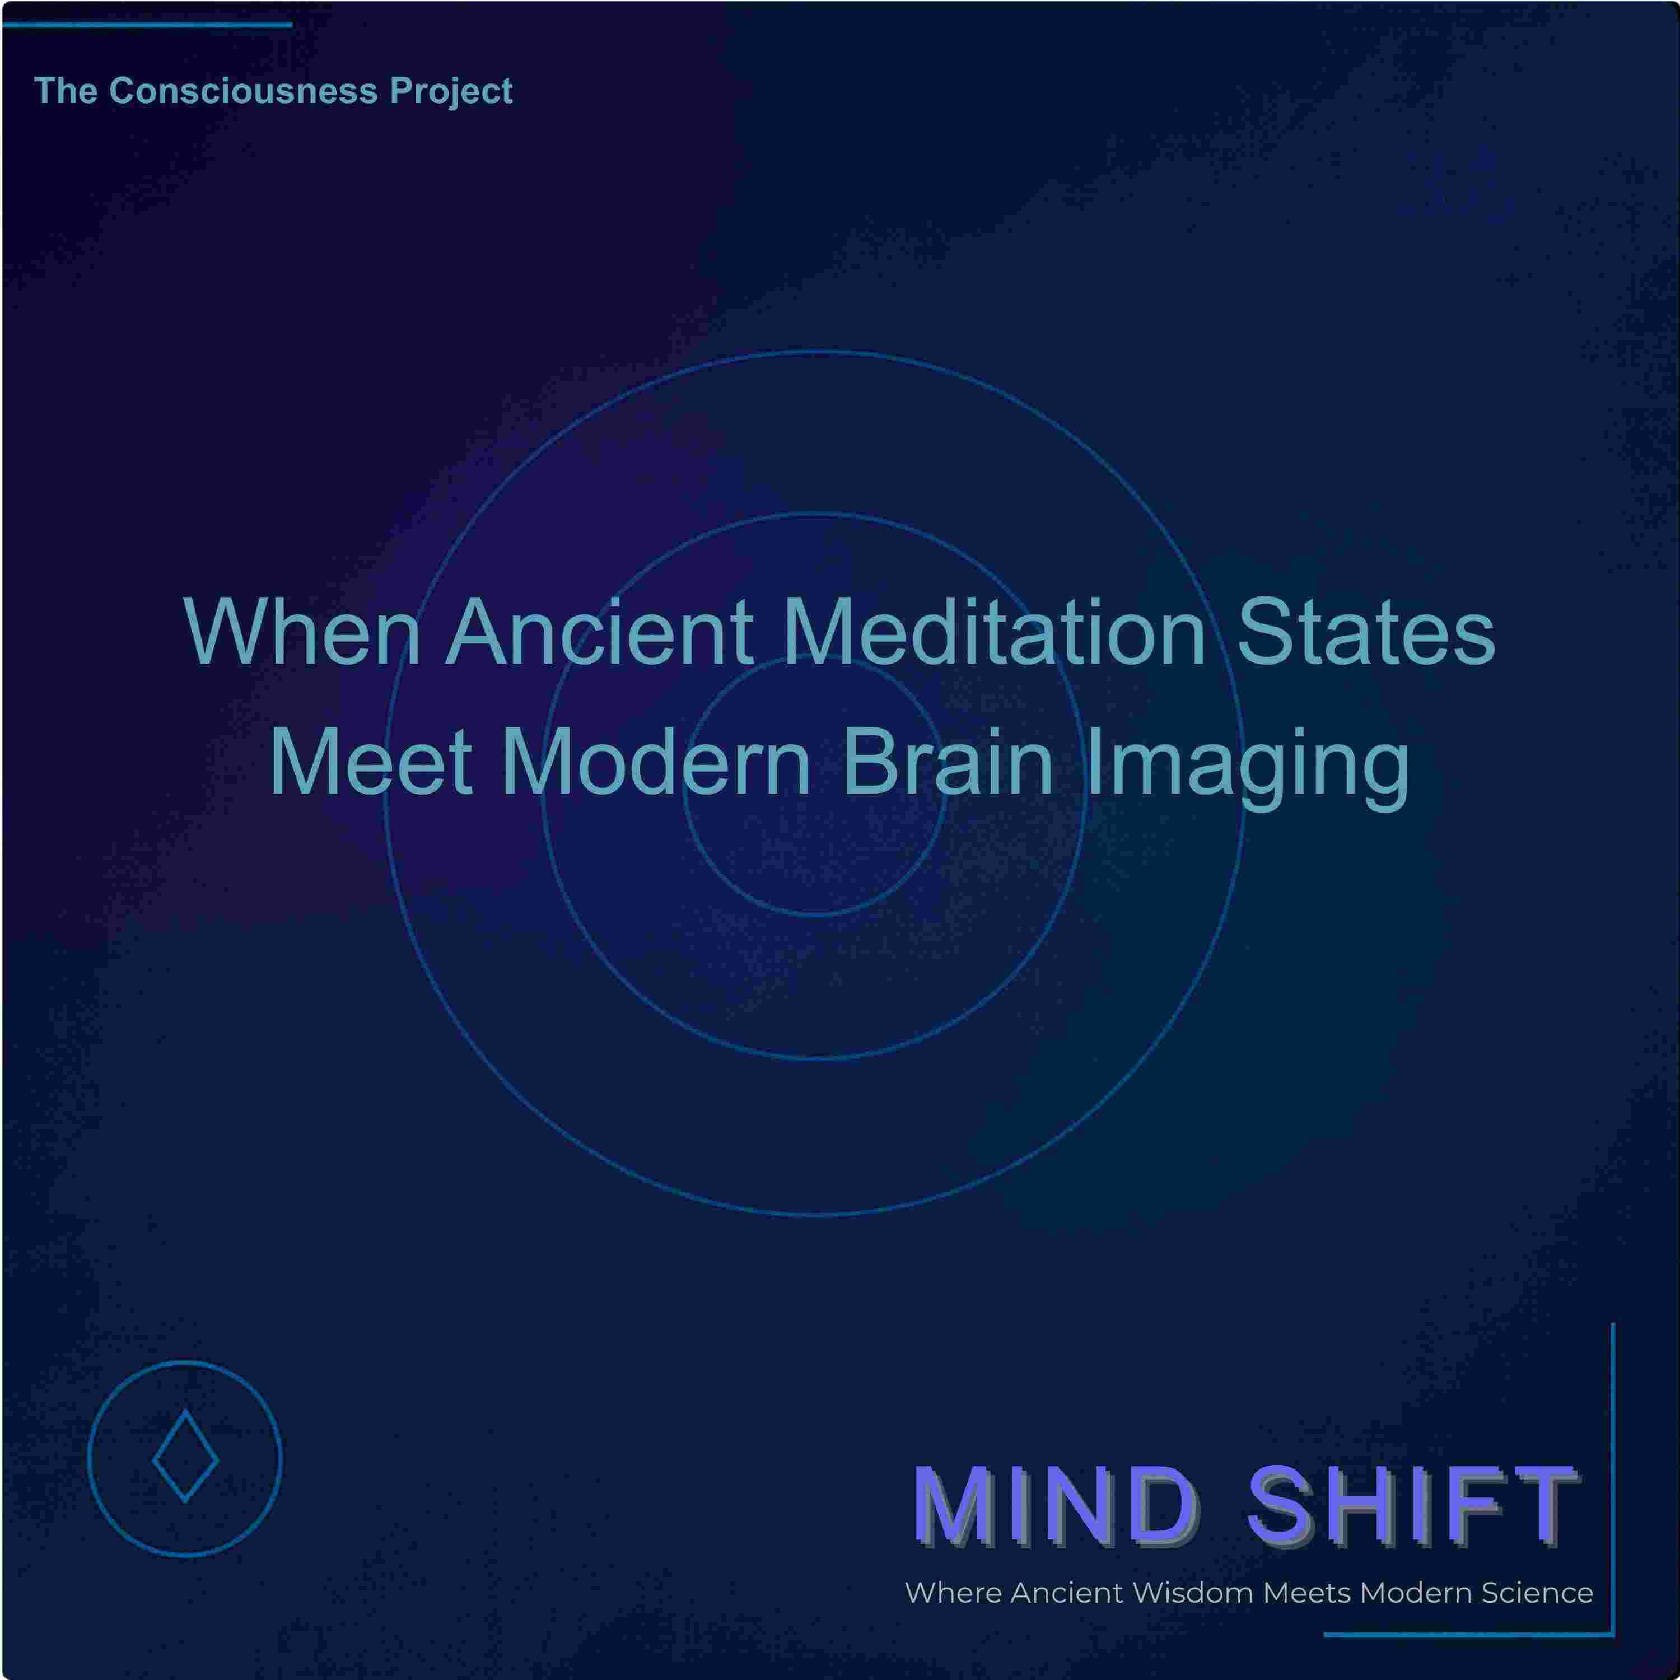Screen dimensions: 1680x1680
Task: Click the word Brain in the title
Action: [949, 763]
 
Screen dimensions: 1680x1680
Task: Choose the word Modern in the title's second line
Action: [656, 763]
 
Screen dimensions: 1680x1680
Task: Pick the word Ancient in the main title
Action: [599, 632]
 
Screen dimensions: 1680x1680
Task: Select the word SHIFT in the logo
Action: [1412, 1505]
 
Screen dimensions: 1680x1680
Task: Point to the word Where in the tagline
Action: [953, 1594]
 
